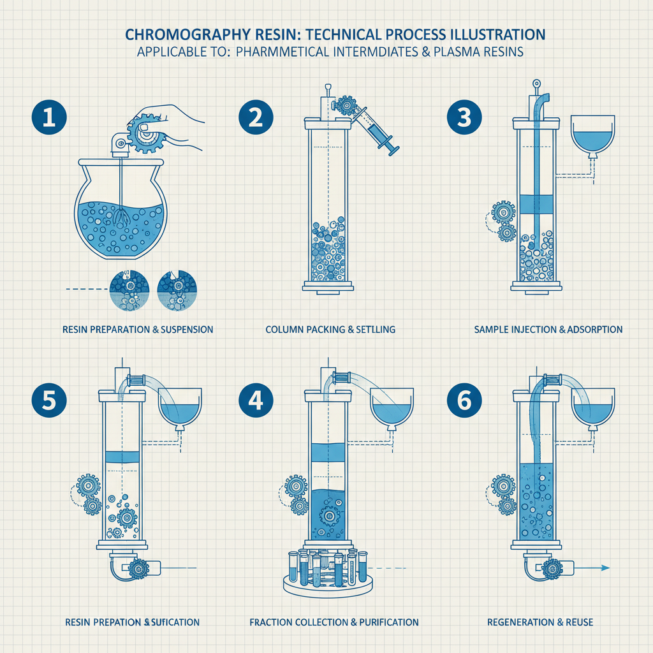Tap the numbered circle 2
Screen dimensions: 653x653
(x=256, y=120)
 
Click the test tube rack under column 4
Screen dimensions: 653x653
(x=326, y=571)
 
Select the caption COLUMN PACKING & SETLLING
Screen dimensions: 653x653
(x=330, y=330)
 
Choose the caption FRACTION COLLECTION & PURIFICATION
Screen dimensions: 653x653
(x=334, y=622)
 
